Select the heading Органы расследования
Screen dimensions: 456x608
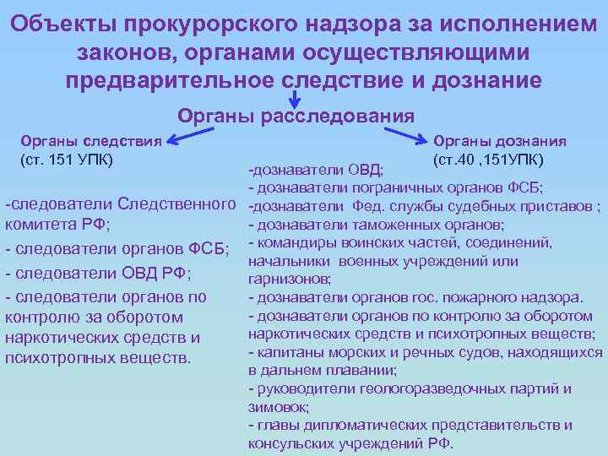296,114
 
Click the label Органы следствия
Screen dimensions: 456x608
90,141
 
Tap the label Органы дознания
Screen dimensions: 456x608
499,141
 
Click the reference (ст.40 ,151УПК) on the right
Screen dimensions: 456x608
487,160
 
